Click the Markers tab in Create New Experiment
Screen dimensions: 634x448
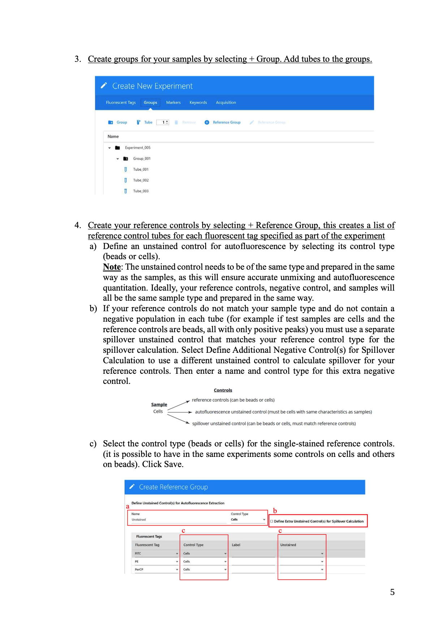tap(173, 103)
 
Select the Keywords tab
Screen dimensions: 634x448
tap(198, 103)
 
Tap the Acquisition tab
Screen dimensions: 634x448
tap(226, 103)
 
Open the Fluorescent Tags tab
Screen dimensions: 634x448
tap(121, 103)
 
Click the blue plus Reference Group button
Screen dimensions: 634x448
tap(223, 123)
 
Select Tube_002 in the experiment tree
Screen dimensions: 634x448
tap(141, 180)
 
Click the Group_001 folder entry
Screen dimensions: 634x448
tap(142, 159)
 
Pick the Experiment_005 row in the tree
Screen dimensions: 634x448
tap(137, 148)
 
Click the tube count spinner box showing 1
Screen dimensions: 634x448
tap(163, 123)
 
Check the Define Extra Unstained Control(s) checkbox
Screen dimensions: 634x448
tap(272, 521)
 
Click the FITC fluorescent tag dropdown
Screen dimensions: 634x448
tap(156, 553)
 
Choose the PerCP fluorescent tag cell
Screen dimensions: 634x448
tap(156, 569)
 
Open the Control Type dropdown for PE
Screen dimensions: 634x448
tap(204, 561)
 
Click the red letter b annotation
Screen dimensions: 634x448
tap(275, 511)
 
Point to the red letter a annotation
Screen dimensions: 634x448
tap(128, 506)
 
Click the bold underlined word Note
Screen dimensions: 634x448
tap(112, 267)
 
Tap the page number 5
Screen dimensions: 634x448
tap(392, 592)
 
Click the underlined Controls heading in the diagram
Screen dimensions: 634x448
tap(223, 390)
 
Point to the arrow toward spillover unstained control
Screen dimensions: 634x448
tap(178, 419)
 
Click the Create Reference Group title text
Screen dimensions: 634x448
tap(173, 487)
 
